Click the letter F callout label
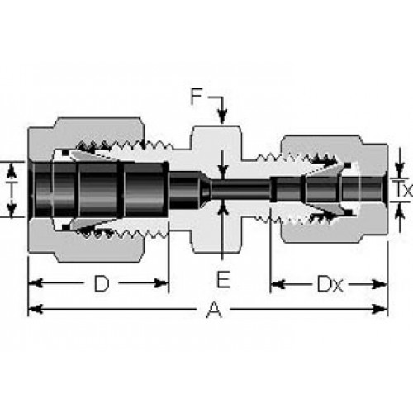[x=197, y=97]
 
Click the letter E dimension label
[x=223, y=279]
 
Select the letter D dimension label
[x=102, y=284]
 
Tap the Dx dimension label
[x=330, y=284]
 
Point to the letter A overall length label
[x=214, y=310]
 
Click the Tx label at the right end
[x=402, y=190]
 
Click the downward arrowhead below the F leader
[x=222, y=116]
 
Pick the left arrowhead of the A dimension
[x=36, y=309]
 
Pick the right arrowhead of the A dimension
[x=379, y=309]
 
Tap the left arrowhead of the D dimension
[x=36, y=283]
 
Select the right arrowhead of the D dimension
[x=161, y=283]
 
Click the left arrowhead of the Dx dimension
[x=278, y=284]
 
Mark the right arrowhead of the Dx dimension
[x=379, y=284]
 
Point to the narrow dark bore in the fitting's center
[x=240, y=190]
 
